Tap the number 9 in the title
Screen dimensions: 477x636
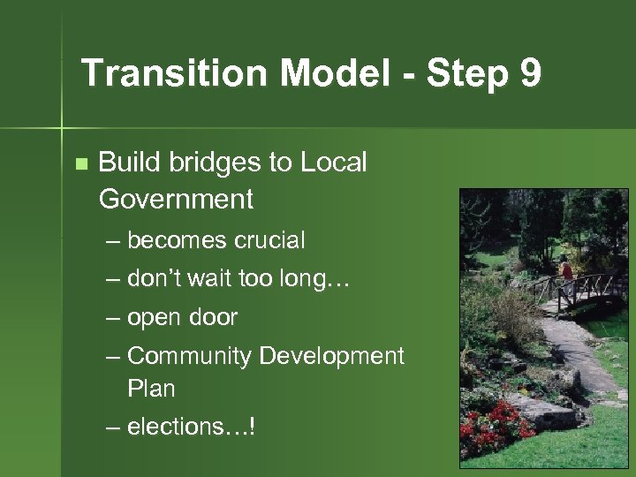(530, 73)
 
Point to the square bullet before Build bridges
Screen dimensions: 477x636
(81, 163)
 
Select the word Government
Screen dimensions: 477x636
(176, 200)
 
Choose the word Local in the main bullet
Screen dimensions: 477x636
(334, 163)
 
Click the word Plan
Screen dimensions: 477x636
(151, 389)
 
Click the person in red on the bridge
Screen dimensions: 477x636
(566, 272)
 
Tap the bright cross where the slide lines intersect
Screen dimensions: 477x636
(62, 129)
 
